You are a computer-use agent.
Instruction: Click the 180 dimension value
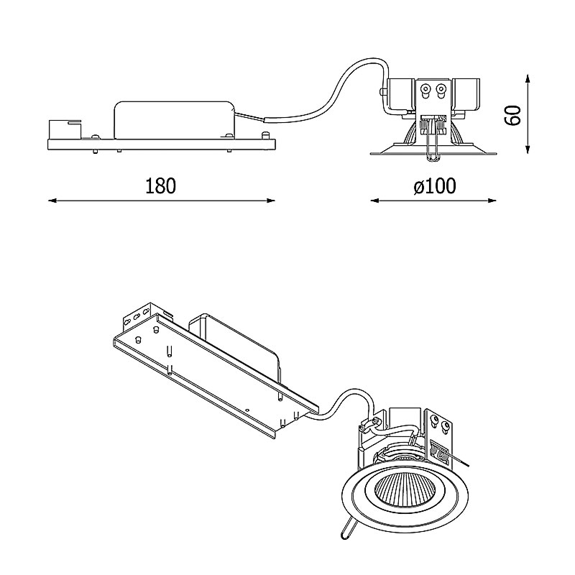(160, 186)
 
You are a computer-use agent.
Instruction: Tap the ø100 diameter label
(435, 186)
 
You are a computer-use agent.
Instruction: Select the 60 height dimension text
(512, 115)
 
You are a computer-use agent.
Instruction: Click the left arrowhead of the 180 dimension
(52, 201)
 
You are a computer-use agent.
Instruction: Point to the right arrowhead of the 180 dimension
(271, 201)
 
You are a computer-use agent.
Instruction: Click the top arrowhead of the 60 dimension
(528, 79)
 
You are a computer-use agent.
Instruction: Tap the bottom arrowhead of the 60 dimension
(528, 149)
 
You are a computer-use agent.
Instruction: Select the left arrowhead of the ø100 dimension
(374, 201)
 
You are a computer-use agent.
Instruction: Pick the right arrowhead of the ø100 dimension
(492, 201)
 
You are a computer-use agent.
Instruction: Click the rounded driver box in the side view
(174, 120)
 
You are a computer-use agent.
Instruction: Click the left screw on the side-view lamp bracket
(425, 90)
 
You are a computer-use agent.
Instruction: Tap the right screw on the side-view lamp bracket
(441, 90)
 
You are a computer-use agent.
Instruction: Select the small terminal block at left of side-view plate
(65, 129)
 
